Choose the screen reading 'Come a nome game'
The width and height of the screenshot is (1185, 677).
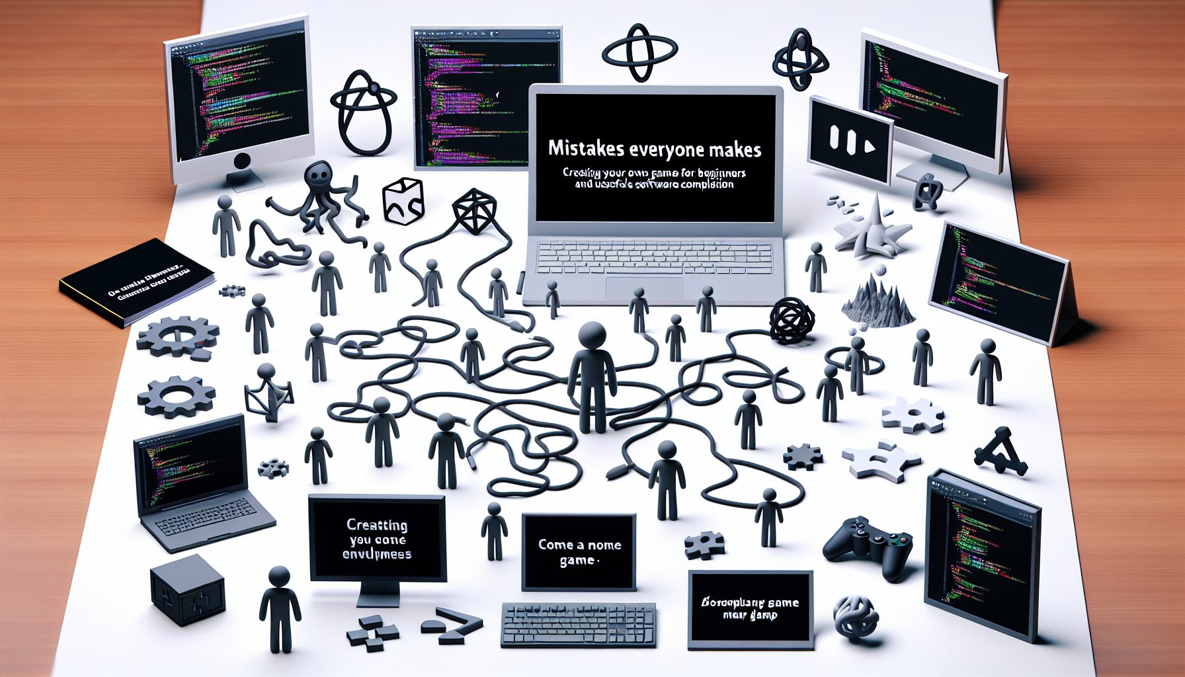(x=579, y=553)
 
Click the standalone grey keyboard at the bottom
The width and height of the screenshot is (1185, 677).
(x=579, y=624)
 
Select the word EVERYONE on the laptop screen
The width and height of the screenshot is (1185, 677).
(x=667, y=149)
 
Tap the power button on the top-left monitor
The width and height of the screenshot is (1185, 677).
(x=242, y=160)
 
